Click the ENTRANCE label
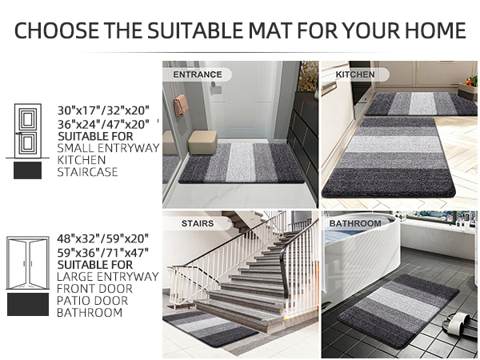coord(197,74)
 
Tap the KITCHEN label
coord(354,74)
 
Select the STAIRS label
coord(198,224)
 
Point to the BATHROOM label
coord(354,223)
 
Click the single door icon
coord(27,130)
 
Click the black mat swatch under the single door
coord(27,170)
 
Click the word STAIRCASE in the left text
coord(88,172)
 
